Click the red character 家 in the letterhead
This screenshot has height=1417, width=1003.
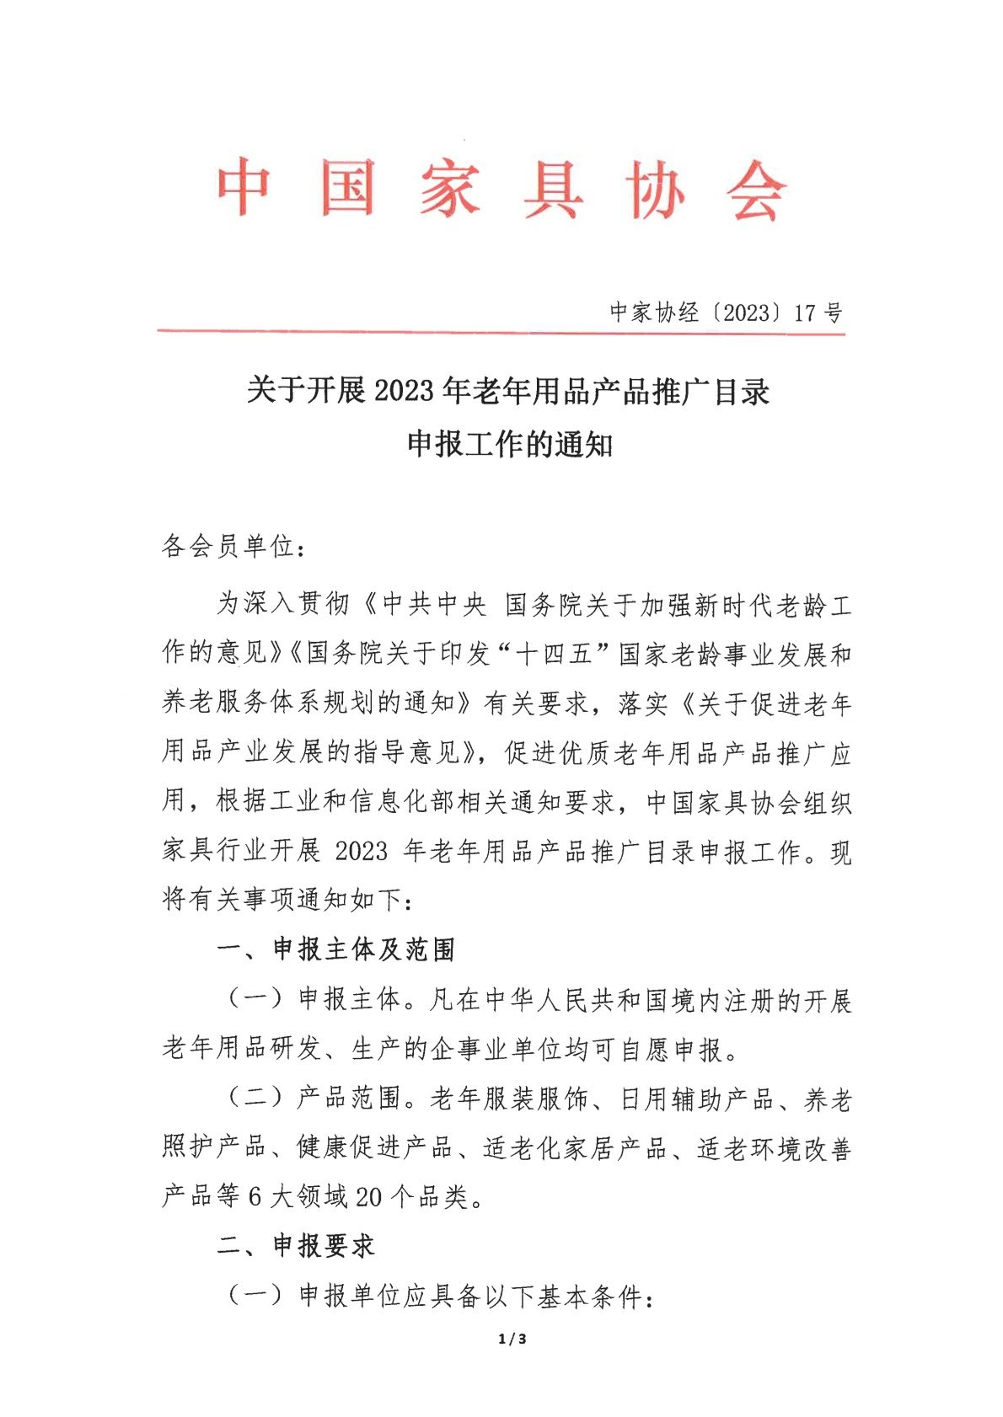pos(451,189)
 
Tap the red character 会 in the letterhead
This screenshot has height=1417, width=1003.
pos(756,190)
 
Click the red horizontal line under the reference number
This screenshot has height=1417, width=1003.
pos(501,333)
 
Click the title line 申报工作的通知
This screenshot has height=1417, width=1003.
pos(509,444)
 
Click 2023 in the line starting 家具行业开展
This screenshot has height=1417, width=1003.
pos(362,851)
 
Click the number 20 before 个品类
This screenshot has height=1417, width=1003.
pos(369,1197)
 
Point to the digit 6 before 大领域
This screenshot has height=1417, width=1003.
pos(255,1197)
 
